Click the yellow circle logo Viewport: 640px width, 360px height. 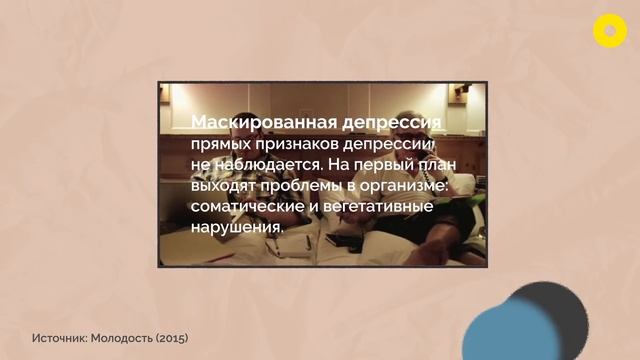(609, 31)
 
